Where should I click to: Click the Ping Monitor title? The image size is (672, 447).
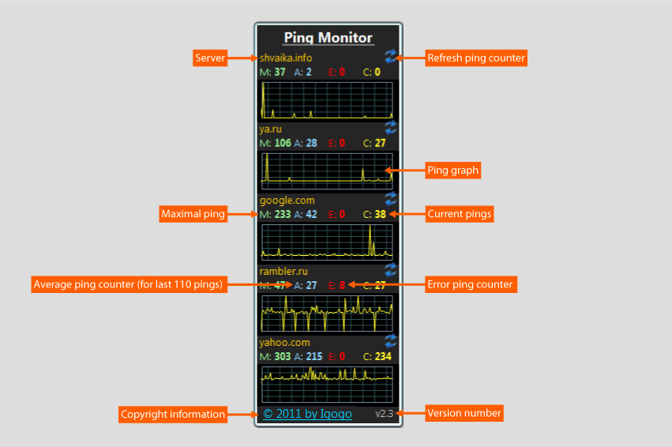click(x=328, y=37)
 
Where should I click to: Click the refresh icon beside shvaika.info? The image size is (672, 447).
click(x=391, y=55)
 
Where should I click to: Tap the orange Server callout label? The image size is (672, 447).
click(x=211, y=58)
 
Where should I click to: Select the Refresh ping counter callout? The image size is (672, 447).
click(x=475, y=58)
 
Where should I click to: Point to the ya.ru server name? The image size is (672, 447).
click(x=270, y=129)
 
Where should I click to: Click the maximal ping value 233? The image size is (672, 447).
click(x=283, y=214)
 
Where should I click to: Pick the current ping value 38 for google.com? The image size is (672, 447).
click(x=381, y=214)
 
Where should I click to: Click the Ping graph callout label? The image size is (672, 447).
click(x=452, y=170)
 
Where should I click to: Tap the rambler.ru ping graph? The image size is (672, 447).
click(x=327, y=313)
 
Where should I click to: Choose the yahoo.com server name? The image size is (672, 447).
click(x=284, y=342)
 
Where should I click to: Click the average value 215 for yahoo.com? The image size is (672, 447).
click(x=314, y=356)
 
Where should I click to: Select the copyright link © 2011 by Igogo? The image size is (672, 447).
click(x=307, y=413)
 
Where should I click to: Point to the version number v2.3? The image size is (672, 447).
click(x=384, y=413)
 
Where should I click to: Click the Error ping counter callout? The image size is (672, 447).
click(x=470, y=284)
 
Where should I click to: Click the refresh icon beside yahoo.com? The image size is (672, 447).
click(x=391, y=340)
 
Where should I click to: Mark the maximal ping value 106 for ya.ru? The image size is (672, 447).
click(x=283, y=143)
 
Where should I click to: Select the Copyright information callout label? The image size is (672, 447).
click(x=173, y=414)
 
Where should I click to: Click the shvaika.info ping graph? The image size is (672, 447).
click(x=327, y=100)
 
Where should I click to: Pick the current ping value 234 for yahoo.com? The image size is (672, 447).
click(x=383, y=356)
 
